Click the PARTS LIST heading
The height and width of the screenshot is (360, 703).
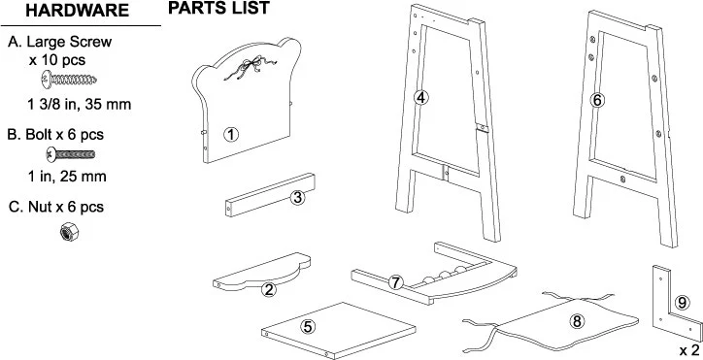(218, 10)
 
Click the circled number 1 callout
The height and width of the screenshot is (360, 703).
(231, 134)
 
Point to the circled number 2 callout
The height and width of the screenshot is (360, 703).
(269, 287)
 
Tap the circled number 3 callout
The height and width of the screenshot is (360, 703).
(298, 198)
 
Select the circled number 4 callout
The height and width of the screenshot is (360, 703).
(420, 98)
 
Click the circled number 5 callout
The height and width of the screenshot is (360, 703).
(308, 327)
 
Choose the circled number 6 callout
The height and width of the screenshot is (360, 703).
(597, 99)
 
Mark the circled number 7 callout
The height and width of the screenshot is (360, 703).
(395, 282)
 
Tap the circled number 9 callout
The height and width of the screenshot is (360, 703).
(682, 302)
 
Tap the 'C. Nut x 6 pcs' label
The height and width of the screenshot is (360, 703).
(55, 207)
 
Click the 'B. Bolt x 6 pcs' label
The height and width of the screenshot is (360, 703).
(55, 134)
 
